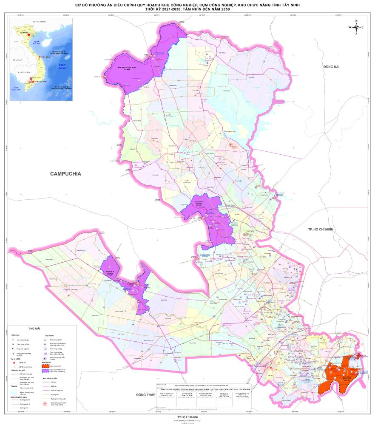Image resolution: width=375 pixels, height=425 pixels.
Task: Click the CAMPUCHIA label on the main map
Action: pos(65,173)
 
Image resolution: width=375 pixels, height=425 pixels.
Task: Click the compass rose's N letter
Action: pos(356,21)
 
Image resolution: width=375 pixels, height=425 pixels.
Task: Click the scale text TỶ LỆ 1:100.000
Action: pos(187,417)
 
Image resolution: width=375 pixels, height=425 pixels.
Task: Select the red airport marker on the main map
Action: pos(231,145)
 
